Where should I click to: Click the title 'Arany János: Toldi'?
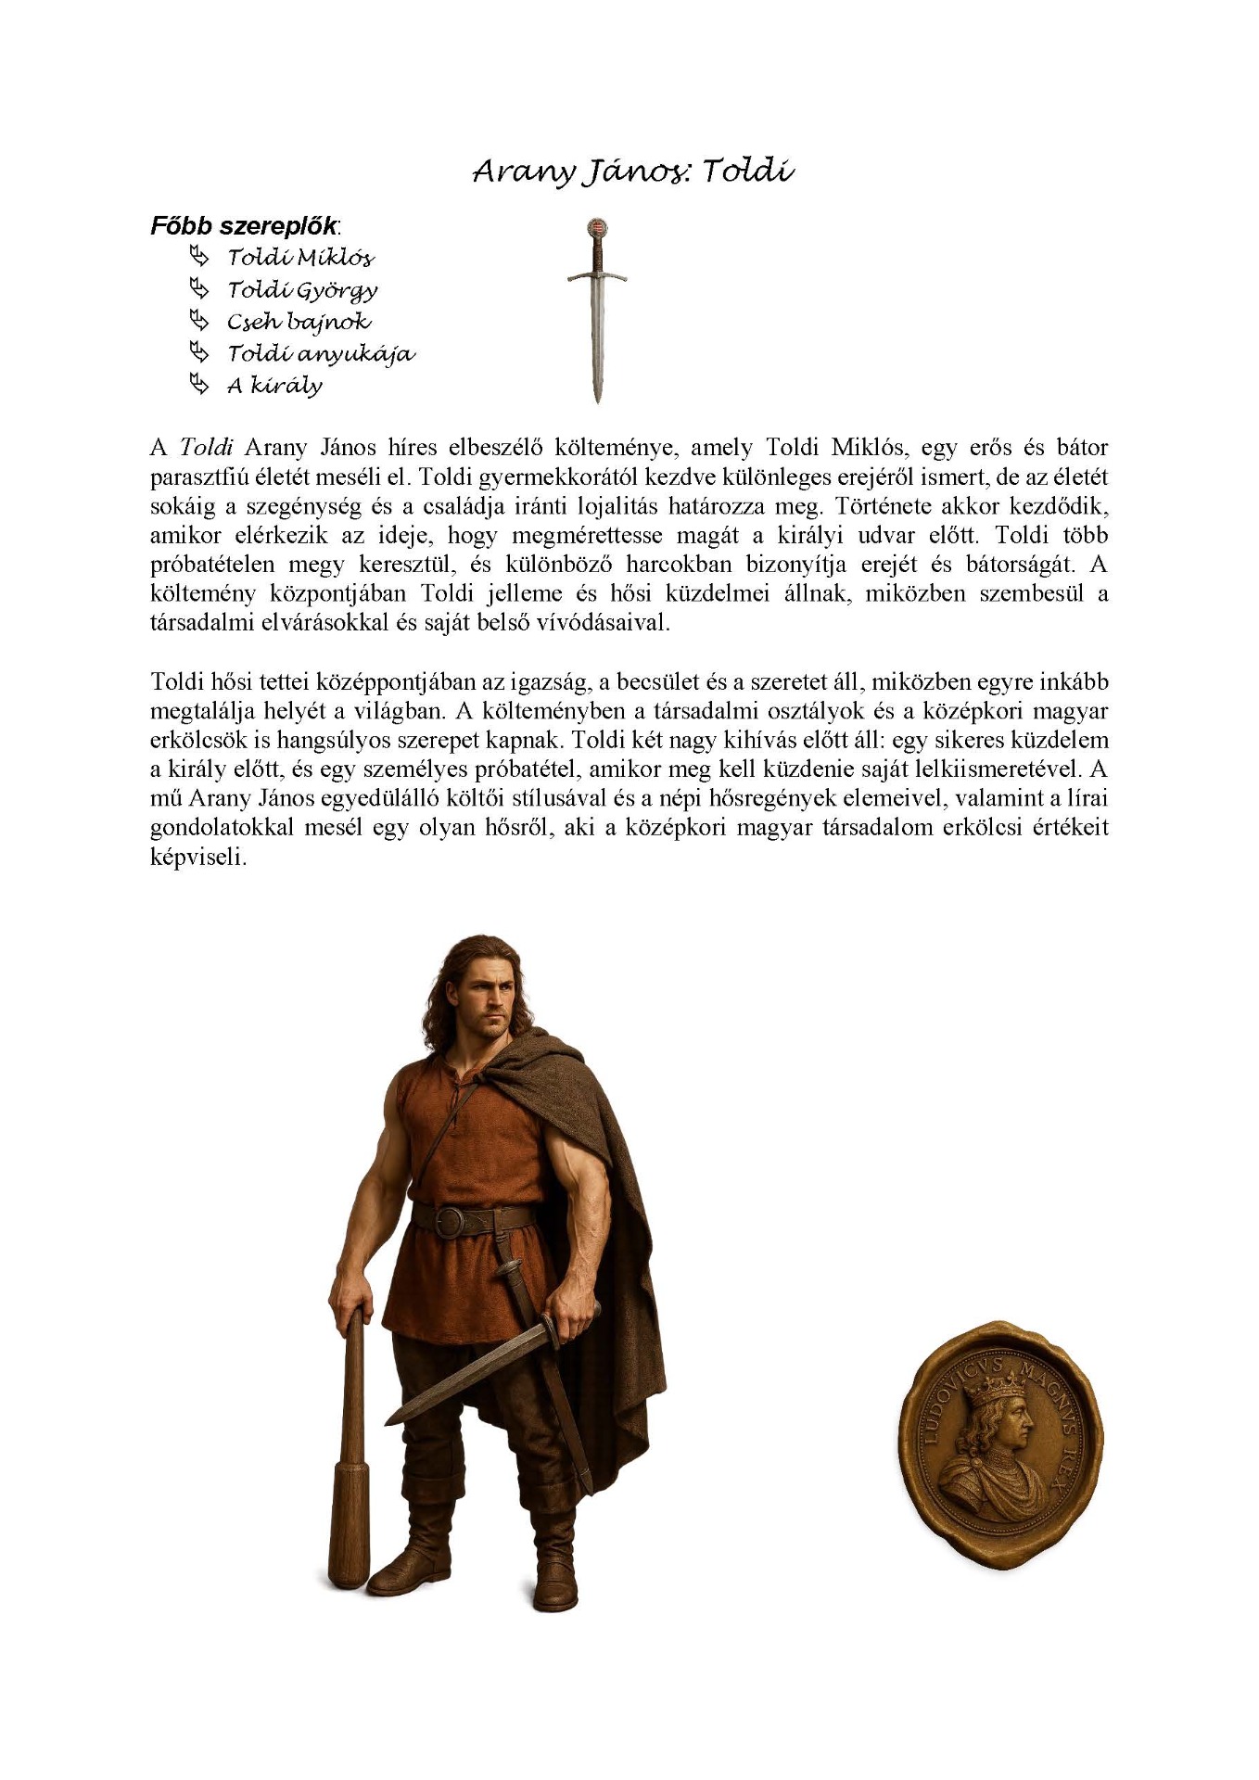pos(632,172)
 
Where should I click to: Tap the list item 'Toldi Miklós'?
pos(300,258)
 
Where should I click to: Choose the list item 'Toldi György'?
pos(302,290)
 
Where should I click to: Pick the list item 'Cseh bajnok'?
pos(299,322)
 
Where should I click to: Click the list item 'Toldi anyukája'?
pos(321,354)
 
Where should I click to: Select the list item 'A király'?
pos(274,386)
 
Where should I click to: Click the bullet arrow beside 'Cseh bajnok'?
pos(198,321)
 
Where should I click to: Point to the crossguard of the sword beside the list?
pos(597,275)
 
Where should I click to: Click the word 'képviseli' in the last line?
pos(197,858)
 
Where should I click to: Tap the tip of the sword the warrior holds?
pos(390,1419)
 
